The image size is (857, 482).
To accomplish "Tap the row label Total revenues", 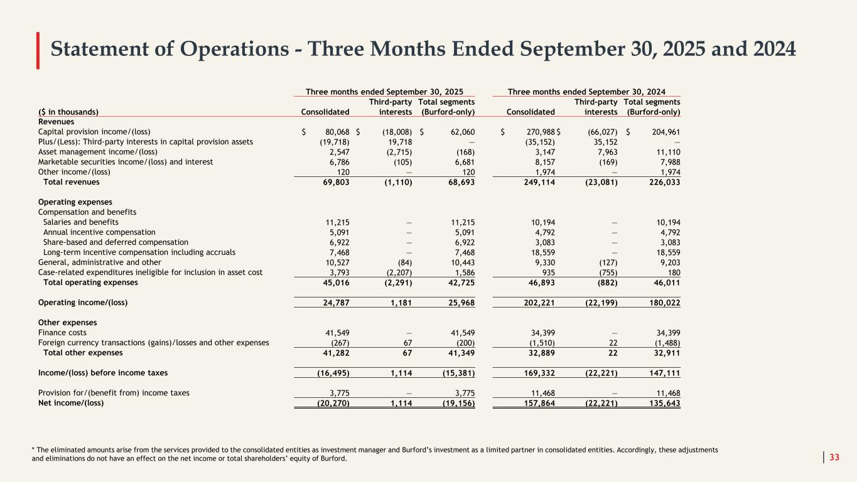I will [x=71, y=182].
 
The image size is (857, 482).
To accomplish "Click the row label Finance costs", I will [x=62, y=333].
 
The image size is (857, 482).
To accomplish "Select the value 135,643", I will [x=663, y=403].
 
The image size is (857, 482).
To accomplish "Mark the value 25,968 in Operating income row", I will [x=458, y=303].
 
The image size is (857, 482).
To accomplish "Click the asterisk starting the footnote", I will [x=33, y=450].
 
